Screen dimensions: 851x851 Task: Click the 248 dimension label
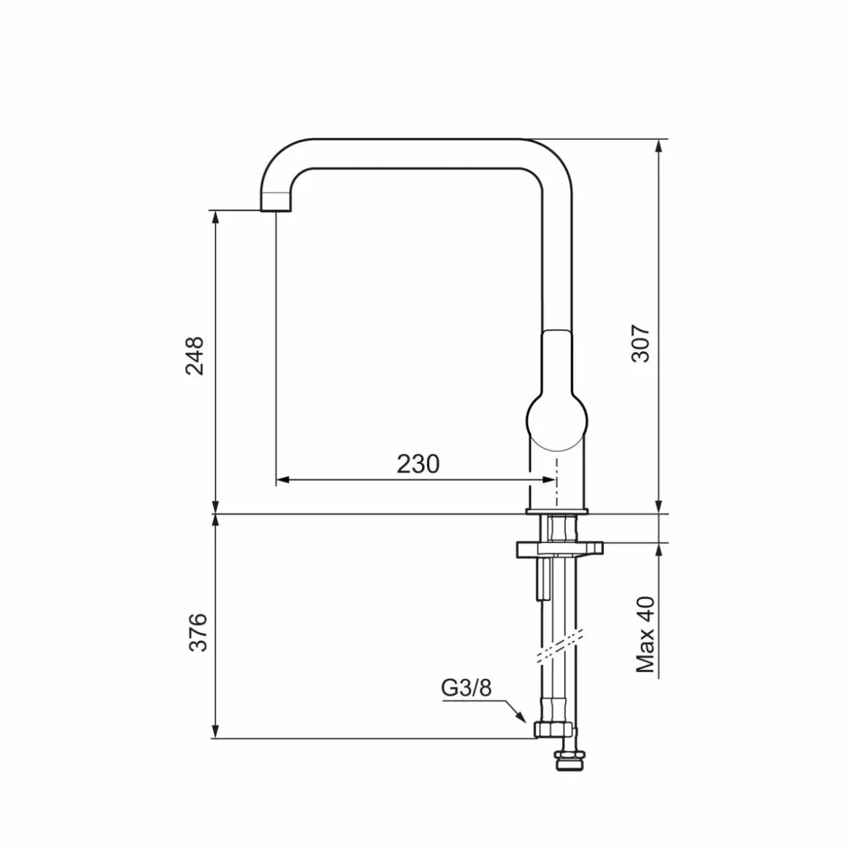pos(195,356)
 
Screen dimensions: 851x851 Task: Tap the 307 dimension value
pos(640,344)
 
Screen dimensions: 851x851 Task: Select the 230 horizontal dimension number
pos(418,464)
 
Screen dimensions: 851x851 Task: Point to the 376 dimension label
pos(198,632)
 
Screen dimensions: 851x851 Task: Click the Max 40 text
pos(645,634)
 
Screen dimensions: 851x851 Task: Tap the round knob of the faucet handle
pos(557,420)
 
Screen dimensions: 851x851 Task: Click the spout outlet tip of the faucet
pos(276,211)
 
